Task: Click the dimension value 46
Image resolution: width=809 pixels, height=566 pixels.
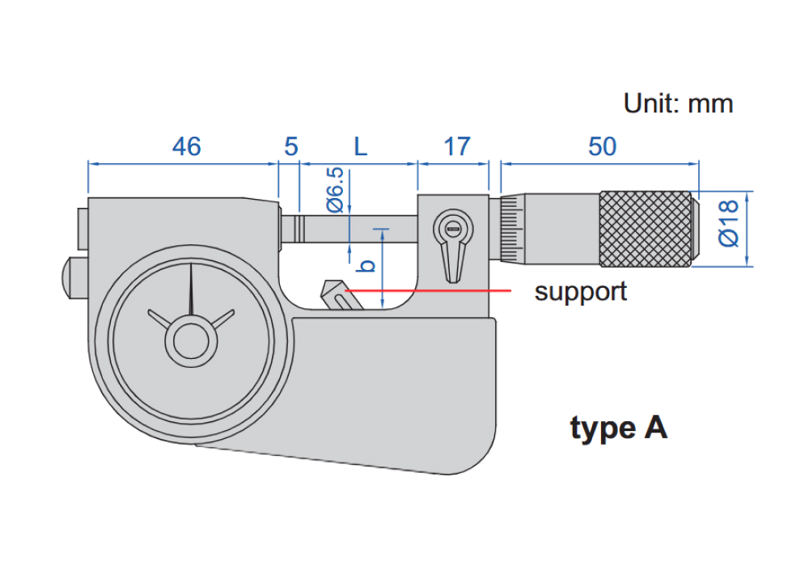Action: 186,146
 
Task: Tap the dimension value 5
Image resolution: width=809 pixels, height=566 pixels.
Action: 291,146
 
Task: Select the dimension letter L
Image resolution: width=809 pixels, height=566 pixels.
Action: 361,146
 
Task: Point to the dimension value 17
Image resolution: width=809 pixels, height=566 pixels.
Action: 456,146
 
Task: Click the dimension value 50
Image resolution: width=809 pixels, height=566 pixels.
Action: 602,146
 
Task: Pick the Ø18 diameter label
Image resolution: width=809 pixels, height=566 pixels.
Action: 729,224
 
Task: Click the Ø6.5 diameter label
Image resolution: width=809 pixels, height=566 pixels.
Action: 336,190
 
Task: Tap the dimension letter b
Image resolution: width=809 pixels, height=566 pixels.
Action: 366,265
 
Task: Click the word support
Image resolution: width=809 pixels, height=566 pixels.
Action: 580,292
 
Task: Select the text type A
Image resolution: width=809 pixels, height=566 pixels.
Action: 619,428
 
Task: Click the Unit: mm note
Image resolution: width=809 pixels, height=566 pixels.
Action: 678,103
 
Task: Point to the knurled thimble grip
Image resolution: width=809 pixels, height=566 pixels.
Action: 645,229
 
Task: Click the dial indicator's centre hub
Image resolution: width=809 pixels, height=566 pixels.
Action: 192,341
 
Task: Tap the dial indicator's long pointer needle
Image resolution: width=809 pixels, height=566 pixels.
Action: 191,289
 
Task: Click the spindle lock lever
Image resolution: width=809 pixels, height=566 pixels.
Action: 453,245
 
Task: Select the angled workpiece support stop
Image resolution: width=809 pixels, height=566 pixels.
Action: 341,295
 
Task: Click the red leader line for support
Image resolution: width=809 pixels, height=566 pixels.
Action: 428,291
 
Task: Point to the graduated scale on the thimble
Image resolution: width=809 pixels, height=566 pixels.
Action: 511,229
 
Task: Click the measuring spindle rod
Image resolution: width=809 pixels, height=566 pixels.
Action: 349,230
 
